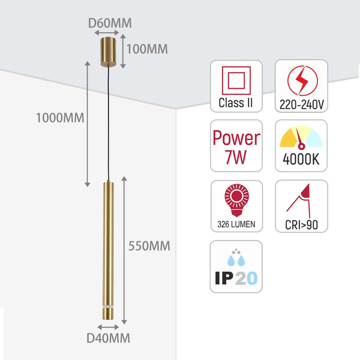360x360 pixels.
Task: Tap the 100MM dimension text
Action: click(148, 49)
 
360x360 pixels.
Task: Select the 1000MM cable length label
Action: click(58, 118)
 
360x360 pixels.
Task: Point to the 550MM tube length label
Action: click(149, 245)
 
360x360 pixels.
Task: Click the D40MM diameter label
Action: click(108, 338)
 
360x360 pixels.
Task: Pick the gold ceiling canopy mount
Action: click(109, 52)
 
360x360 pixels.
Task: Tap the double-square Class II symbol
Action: click(235, 80)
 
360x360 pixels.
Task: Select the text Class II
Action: click(236, 103)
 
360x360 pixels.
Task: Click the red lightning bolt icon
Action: click(301, 80)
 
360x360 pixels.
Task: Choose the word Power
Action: click(236, 138)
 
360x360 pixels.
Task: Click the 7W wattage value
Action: click(236, 158)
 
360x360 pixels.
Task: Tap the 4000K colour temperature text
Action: click(301, 161)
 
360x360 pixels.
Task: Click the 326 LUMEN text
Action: click(236, 224)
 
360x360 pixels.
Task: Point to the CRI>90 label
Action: click(301, 225)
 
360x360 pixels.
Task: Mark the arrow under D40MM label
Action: click(109, 327)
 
